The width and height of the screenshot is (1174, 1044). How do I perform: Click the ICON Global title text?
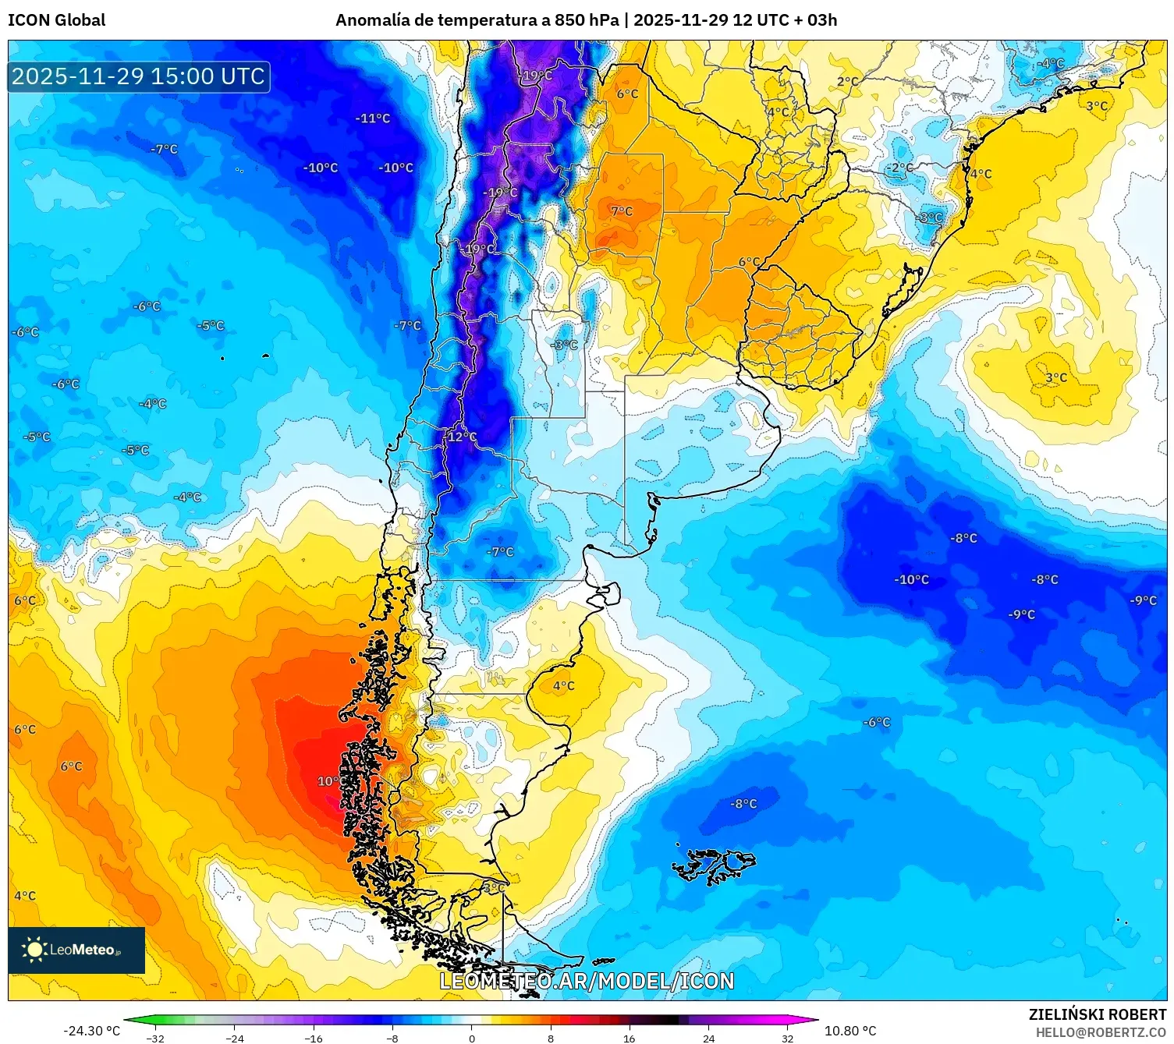coord(56,20)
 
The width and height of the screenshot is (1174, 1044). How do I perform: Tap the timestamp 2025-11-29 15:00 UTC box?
coord(139,76)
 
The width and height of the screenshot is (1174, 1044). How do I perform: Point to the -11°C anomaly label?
coord(373,119)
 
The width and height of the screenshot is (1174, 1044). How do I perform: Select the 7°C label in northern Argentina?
coord(622,211)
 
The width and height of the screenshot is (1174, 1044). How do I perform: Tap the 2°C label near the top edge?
coord(848,81)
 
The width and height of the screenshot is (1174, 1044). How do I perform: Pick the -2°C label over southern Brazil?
coord(899,168)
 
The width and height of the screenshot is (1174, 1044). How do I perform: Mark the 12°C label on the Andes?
coord(461,437)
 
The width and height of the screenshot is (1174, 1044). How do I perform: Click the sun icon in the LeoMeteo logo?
coord(34,950)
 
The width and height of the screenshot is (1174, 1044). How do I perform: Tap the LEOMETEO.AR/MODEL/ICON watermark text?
coord(587,981)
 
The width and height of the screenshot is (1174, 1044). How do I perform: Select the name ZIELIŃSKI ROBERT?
coord(1097,1014)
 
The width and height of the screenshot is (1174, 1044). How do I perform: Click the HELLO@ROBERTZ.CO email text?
coord(1101,1032)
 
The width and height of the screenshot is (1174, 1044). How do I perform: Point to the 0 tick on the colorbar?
coord(471,1038)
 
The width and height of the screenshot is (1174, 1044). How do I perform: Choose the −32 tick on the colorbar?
coord(155,1038)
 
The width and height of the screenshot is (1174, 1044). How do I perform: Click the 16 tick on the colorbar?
coord(629,1038)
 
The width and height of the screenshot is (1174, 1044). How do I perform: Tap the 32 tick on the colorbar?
coord(787,1038)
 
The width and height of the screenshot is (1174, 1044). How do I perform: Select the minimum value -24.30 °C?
coord(91,1031)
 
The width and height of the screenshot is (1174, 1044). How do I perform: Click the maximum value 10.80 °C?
coord(850,1031)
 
